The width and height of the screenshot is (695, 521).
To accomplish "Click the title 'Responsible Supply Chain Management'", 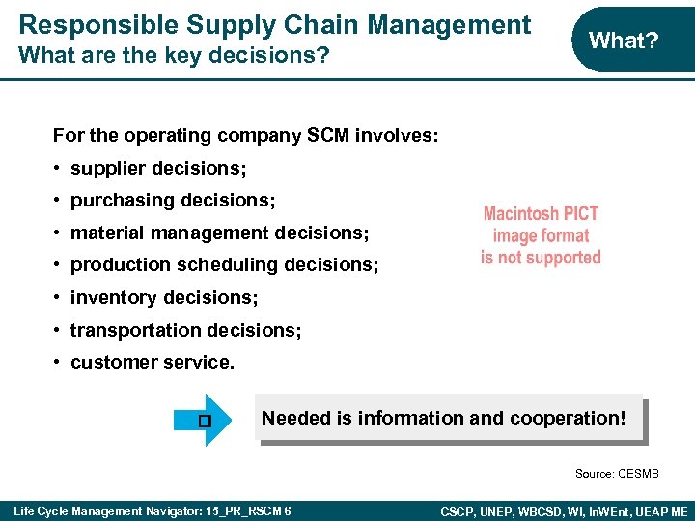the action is click(x=275, y=24).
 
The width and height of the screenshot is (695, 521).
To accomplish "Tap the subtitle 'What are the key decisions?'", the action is click(x=174, y=55).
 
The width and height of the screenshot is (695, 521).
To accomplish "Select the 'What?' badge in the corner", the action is click(x=624, y=41).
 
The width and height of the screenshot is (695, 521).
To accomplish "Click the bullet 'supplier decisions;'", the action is click(x=158, y=169).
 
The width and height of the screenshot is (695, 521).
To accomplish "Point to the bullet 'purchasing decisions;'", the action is click(x=173, y=201).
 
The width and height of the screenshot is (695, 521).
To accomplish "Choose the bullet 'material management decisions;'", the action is click(x=220, y=233).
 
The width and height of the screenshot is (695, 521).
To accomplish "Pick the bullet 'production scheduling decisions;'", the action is click(x=225, y=264).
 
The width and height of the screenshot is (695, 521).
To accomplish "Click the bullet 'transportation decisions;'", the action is click(x=185, y=330).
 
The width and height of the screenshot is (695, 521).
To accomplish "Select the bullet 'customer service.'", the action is click(x=153, y=363).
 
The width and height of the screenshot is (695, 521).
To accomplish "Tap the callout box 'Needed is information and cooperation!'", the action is click(x=450, y=419).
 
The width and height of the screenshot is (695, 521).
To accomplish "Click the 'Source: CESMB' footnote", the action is click(x=617, y=474).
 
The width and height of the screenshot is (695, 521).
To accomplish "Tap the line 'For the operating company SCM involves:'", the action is click(x=246, y=136).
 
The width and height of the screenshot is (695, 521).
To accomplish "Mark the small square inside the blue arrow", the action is click(x=203, y=421).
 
